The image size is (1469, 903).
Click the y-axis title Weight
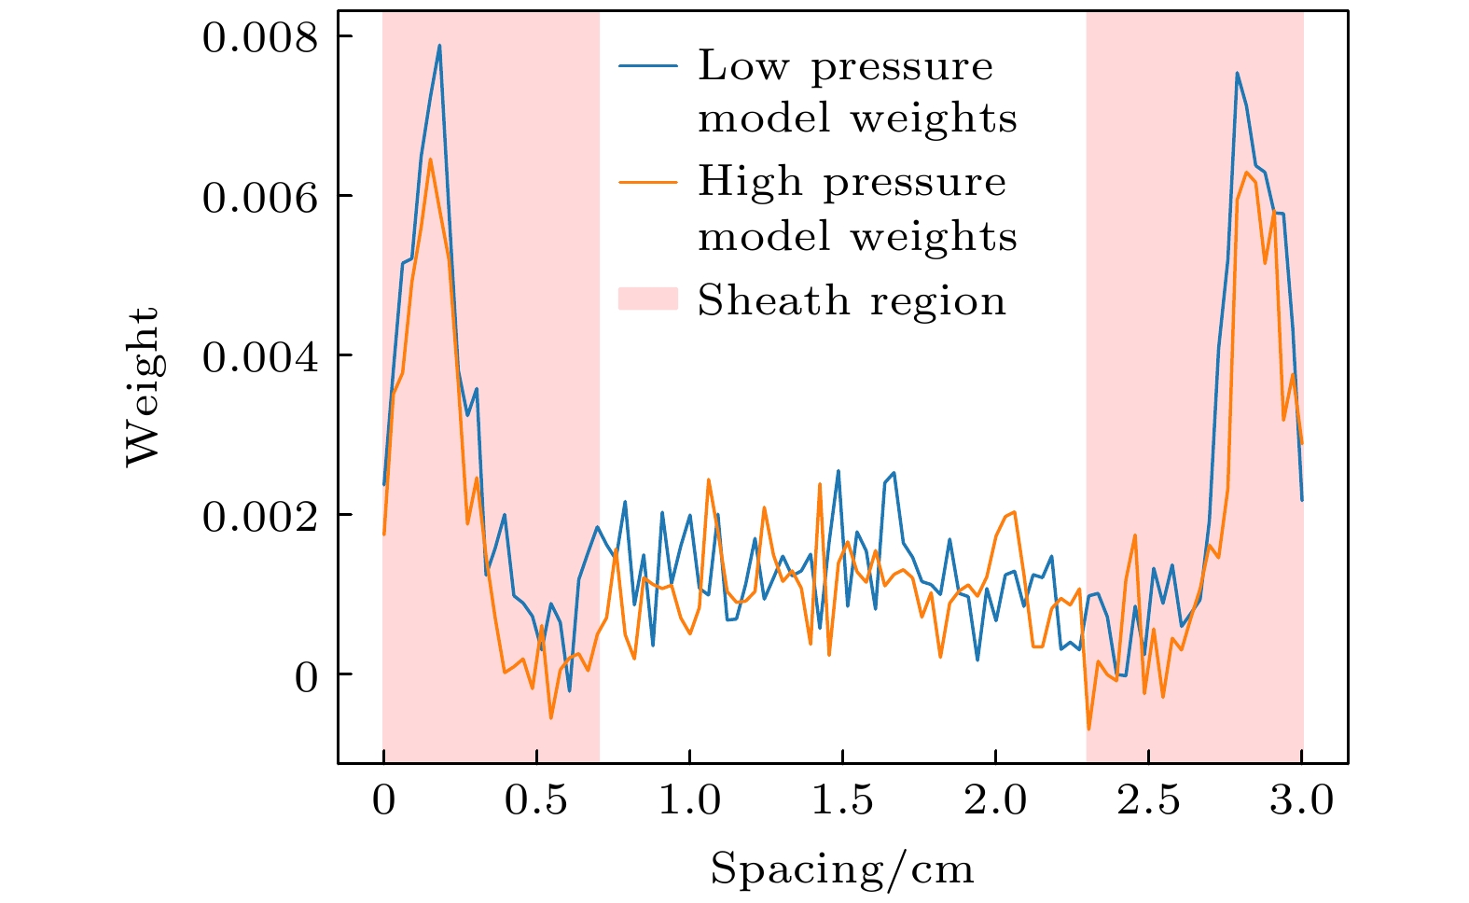coord(144,386)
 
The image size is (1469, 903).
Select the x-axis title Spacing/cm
coord(842,869)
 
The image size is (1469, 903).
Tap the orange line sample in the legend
coord(647,182)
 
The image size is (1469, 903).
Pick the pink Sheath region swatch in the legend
coord(647,299)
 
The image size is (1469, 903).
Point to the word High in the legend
coord(750,182)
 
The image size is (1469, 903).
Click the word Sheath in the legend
coord(773,300)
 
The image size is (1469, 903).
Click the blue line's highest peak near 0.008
coord(439,46)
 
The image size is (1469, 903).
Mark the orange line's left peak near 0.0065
coord(430,160)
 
